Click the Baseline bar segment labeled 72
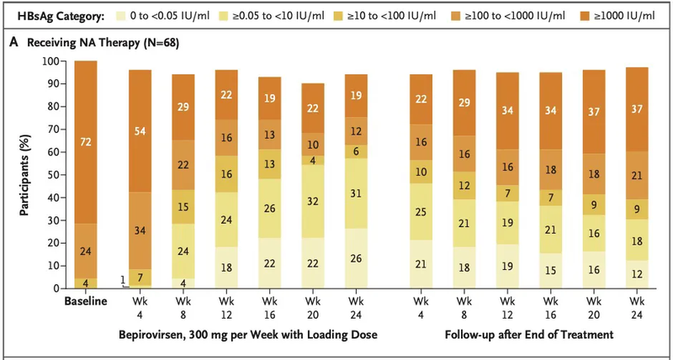(86, 142)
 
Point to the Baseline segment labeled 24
(86, 250)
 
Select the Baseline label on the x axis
(86, 301)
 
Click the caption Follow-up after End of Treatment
(526, 334)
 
